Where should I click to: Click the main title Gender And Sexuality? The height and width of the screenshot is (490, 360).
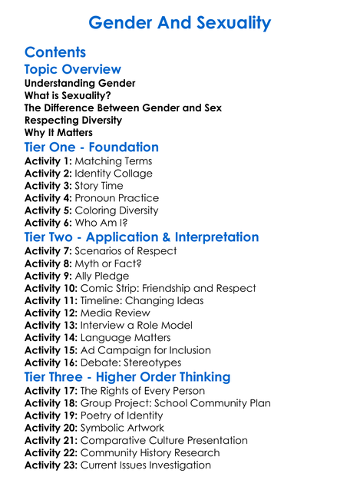180,22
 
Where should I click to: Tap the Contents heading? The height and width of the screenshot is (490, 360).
55,52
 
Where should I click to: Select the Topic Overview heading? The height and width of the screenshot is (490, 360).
73,69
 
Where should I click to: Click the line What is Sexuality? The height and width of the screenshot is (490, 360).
72,95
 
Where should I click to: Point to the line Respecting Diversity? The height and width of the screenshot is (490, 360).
73,120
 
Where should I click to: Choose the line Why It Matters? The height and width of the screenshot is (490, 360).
58,132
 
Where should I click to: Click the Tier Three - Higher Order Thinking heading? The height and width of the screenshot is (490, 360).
127,376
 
